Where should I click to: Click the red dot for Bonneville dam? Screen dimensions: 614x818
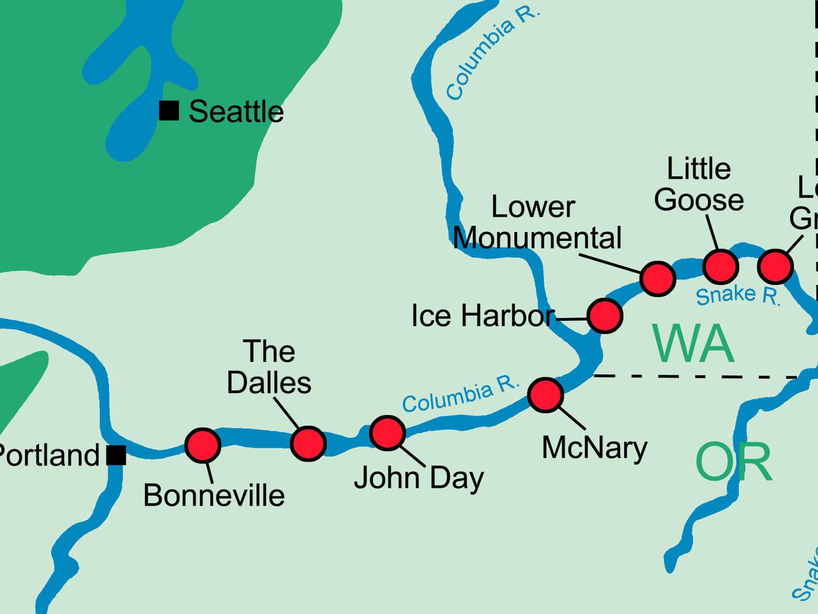point(202,446)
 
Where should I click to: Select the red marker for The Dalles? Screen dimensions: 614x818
point(308,443)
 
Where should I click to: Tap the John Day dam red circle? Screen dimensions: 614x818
point(387,433)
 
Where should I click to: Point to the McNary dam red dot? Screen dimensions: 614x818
point(546,395)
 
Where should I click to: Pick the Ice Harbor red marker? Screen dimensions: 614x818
point(605,316)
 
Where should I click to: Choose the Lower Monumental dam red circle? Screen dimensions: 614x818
point(658,278)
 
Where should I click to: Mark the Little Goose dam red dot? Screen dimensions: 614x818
point(720,267)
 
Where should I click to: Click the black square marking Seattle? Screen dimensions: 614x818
point(169,110)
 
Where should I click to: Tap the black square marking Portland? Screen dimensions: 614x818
point(116,455)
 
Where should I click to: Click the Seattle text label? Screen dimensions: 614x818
point(236,112)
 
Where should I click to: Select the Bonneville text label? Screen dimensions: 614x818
point(214,495)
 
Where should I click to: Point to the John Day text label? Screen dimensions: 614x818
point(419,478)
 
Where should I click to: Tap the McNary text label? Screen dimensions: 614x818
point(595,447)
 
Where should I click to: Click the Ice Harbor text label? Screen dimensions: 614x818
point(483,316)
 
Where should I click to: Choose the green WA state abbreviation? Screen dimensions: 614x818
point(693,344)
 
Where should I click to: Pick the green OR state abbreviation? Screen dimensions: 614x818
point(734,462)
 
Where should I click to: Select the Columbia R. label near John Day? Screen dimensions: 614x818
point(460,395)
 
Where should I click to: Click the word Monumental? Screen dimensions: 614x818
point(537,238)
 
